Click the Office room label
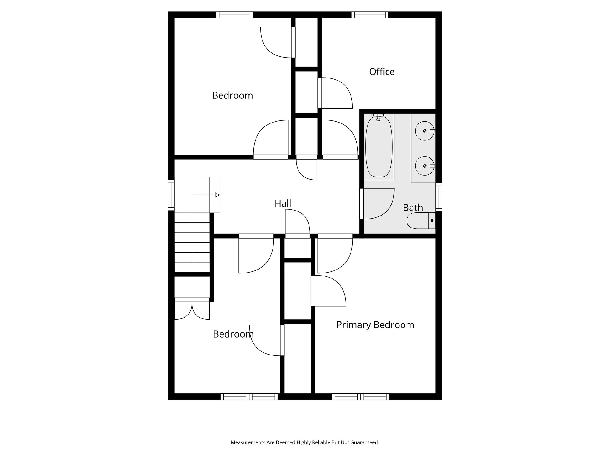click(x=382, y=72)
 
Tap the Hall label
click(x=283, y=203)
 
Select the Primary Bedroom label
click(x=375, y=325)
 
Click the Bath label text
click(x=413, y=207)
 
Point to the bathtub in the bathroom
click(x=379, y=147)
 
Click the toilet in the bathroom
click(x=420, y=221)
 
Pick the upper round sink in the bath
click(x=424, y=131)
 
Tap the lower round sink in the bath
click(x=424, y=166)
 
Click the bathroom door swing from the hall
click(x=377, y=204)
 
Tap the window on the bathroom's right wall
click(x=439, y=197)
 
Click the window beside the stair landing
click(x=171, y=195)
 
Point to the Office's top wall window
click(x=370, y=15)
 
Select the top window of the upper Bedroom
click(x=234, y=15)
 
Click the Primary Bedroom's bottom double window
click(x=361, y=397)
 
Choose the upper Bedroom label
click(x=232, y=95)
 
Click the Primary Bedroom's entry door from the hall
click(x=335, y=254)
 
